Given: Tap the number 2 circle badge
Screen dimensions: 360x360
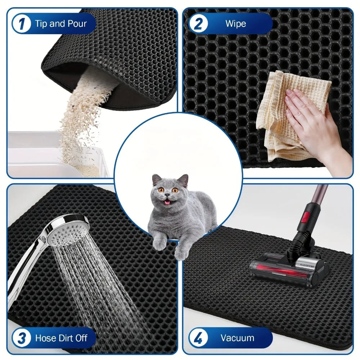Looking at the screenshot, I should click(199, 24).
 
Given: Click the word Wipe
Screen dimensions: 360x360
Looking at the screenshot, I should click(235, 24).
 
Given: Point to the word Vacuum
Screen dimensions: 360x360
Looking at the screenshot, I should click(237, 338).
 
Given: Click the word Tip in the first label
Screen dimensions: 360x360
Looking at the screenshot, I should click(41, 24).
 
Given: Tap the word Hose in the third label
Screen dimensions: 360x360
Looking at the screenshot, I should click(45, 338).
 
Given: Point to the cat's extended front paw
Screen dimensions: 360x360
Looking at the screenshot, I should click(181, 252).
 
